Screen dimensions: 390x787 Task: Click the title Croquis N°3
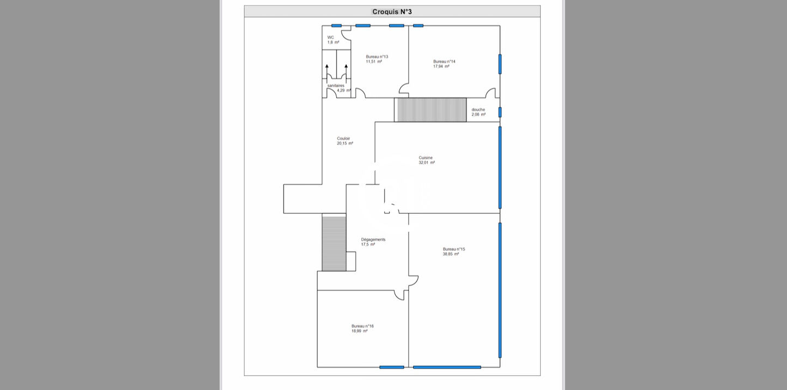(x=392, y=11)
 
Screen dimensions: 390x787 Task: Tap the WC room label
(x=330, y=37)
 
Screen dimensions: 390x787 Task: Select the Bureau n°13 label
(x=377, y=57)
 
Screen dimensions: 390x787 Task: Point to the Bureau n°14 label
(x=444, y=62)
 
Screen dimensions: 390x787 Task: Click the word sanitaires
(x=336, y=86)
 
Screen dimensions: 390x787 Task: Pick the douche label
(x=478, y=110)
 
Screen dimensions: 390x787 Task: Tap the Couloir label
(x=343, y=139)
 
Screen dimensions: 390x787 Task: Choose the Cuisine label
(x=426, y=158)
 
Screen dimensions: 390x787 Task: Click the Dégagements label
(x=373, y=239)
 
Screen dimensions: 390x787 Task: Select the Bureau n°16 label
(x=362, y=326)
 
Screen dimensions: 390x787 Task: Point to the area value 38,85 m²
(x=451, y=254)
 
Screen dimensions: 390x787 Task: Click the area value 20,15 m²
(x=345, y=143)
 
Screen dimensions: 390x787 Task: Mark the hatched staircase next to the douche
(x=431, y=110)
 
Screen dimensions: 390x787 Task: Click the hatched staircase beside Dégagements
(x=334, y=243)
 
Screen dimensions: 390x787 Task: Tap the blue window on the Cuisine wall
(x=500, y=167)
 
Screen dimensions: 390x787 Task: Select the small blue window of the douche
(x=500, y=112)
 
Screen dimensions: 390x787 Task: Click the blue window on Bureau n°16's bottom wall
(x=392, y=367)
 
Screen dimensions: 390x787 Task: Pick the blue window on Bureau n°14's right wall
(x=500, y=64)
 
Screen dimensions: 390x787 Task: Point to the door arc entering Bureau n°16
(x=399, y=295)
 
